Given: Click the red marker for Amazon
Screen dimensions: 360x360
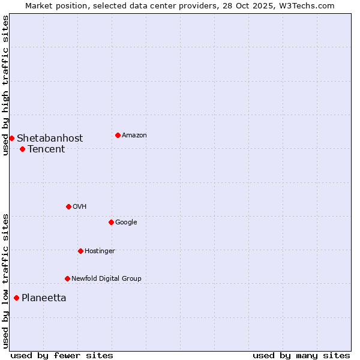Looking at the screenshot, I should coord(118,135).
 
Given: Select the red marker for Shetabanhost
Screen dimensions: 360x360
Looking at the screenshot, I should coord(11,138).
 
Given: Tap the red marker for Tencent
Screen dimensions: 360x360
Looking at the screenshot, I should coord(22,149).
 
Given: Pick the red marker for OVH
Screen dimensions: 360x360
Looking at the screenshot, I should coord(68,206).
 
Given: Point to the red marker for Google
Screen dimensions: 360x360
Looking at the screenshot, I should coord(111,222).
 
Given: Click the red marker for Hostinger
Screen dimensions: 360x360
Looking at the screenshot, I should coord(80,251).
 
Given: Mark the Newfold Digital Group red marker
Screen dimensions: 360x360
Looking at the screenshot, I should coord(67,278).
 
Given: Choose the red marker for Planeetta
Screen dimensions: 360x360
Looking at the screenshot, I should coord(16,298).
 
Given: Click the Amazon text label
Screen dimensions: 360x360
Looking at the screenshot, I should coord(134,136).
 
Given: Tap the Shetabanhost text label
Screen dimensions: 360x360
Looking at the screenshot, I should coord(50,139).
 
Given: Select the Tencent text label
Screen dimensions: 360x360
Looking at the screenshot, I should coord(46,149).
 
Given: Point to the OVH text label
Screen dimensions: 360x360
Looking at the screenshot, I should coord(80,207).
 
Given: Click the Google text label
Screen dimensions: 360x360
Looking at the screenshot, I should coord(126,223).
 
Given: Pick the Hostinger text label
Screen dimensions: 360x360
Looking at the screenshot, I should coord(100,251).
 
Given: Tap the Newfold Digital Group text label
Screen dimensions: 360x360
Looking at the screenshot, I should coord(106,279).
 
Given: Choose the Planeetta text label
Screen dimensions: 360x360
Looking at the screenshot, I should coord(44,298).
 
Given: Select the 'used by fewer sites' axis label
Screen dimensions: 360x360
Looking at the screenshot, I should coord(62,355).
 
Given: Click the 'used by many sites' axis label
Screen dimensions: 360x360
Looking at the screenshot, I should coord(301,355).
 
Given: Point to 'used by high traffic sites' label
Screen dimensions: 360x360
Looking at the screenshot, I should coord(5,85).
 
